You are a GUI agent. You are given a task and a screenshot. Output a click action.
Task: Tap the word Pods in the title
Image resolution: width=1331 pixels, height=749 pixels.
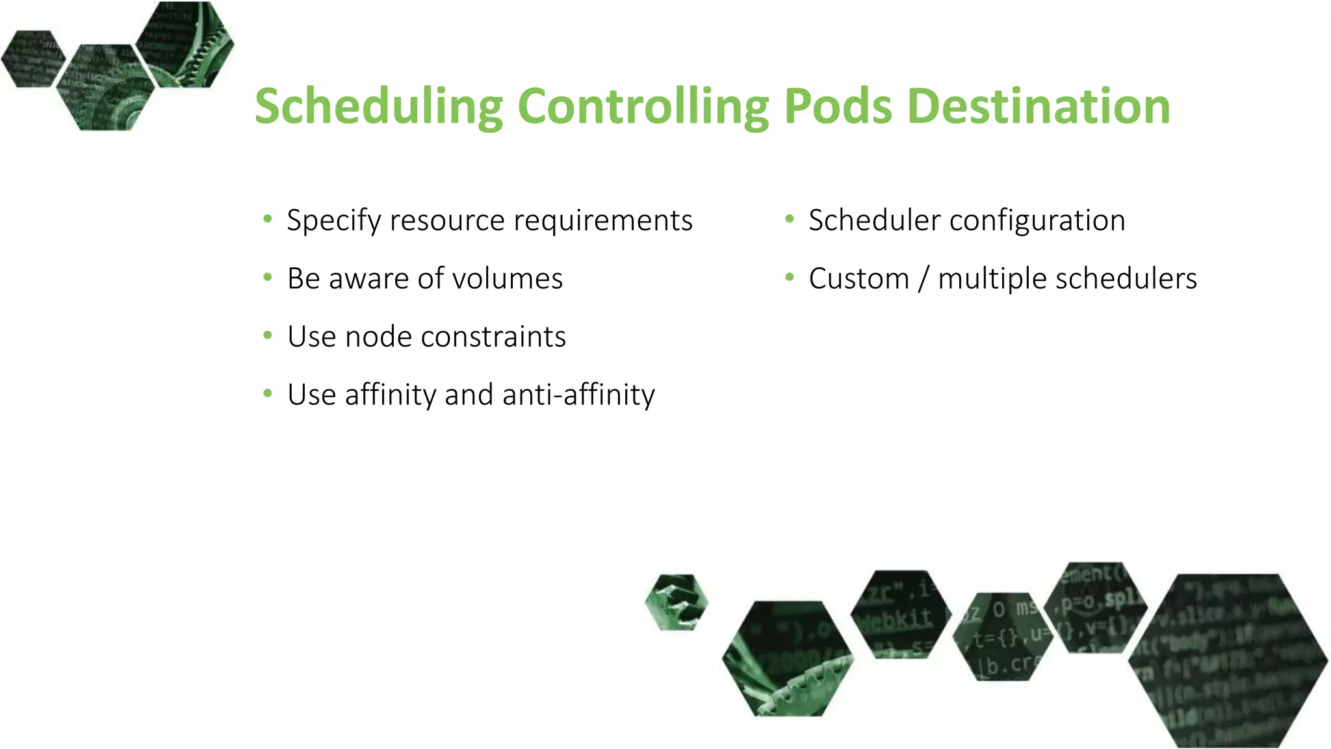(x=838, y=106)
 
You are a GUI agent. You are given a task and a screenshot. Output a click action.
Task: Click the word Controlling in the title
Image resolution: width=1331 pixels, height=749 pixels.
(x=643, y=106)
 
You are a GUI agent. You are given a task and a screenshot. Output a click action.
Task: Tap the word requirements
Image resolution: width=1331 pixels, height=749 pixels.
(x=603, y=221)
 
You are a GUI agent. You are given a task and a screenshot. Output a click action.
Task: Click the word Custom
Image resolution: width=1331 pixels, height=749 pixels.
(x=859, y=279)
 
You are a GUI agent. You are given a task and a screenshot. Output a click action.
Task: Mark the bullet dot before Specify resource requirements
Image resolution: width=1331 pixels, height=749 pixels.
(x=268, y=219)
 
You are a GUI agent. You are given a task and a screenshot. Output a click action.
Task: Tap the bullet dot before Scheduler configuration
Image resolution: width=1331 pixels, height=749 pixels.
(x=790, y=219)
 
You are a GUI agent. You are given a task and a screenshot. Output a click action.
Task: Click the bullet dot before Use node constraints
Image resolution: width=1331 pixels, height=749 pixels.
(x=268, y=335)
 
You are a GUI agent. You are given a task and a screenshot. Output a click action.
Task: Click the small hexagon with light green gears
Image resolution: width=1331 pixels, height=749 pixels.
(x=677, y=602)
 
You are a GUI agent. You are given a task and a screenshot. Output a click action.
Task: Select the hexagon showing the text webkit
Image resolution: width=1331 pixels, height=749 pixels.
(x=900, y=614)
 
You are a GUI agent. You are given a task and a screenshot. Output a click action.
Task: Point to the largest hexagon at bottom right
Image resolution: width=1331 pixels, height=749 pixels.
(x=1228, y=660)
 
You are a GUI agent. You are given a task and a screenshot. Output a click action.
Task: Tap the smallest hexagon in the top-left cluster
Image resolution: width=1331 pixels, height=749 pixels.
(x=32, y=59)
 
